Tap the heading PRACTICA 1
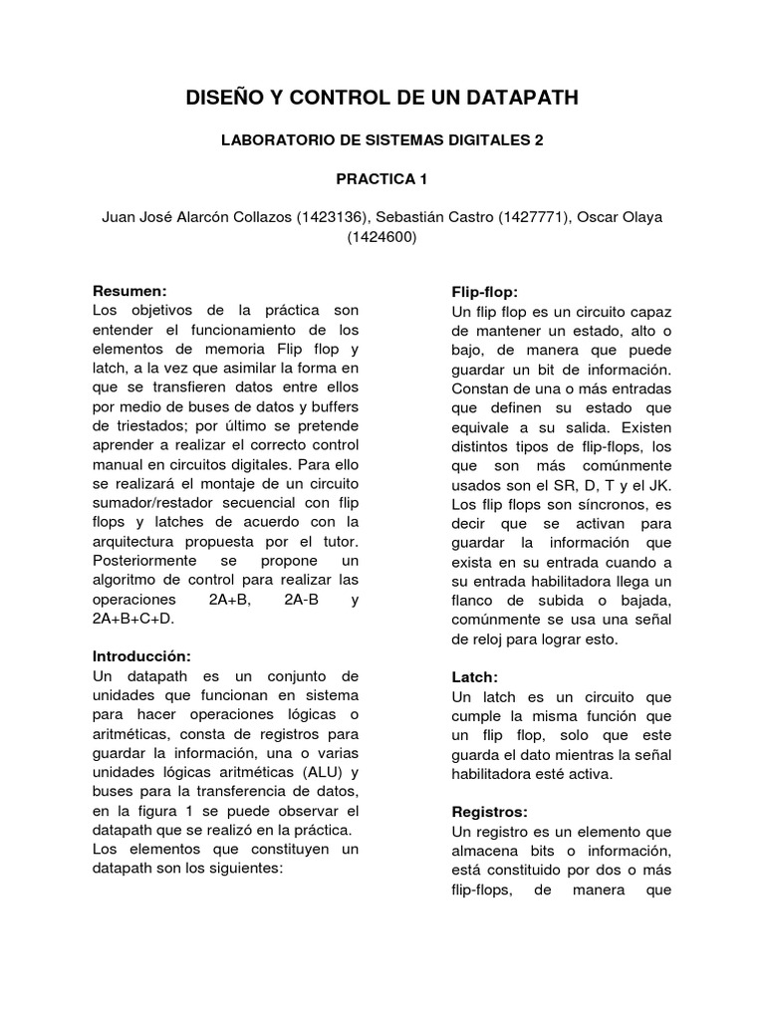[382, 179]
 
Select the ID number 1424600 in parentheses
[382, 237]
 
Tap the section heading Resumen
[127, 292]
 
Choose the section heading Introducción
[140, 656]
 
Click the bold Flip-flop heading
[484, 292]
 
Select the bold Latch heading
[474, 676]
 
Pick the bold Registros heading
[490, 812]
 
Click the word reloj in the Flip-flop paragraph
[471, 638]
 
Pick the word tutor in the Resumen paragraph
[340, 542]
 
